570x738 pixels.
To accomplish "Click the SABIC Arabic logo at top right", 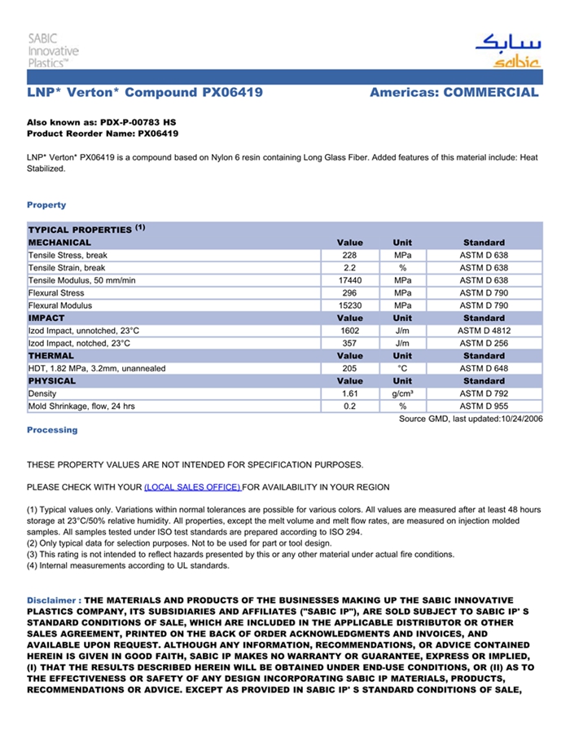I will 506,51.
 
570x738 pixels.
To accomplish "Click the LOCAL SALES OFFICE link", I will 192,487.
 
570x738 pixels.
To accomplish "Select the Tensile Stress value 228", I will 350,255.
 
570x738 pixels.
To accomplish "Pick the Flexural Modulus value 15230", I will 350,305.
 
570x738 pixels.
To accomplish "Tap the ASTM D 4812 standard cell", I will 484,331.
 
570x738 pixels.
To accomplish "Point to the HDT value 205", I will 350,368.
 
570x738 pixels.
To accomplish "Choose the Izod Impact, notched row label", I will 79,343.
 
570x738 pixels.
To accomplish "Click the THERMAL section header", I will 50,356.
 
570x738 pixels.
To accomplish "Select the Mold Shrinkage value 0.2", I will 350,406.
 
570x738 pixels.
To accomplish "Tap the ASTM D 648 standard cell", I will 484,368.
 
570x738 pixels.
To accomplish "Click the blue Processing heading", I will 52,429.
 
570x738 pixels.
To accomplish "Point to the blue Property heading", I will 46,204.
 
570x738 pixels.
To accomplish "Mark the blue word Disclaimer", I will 52,600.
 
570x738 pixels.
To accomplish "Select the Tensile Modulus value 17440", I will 350,280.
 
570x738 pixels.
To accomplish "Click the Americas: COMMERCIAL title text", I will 454,93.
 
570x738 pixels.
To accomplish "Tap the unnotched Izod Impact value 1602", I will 350,331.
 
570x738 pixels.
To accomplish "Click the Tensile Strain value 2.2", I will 350,267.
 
